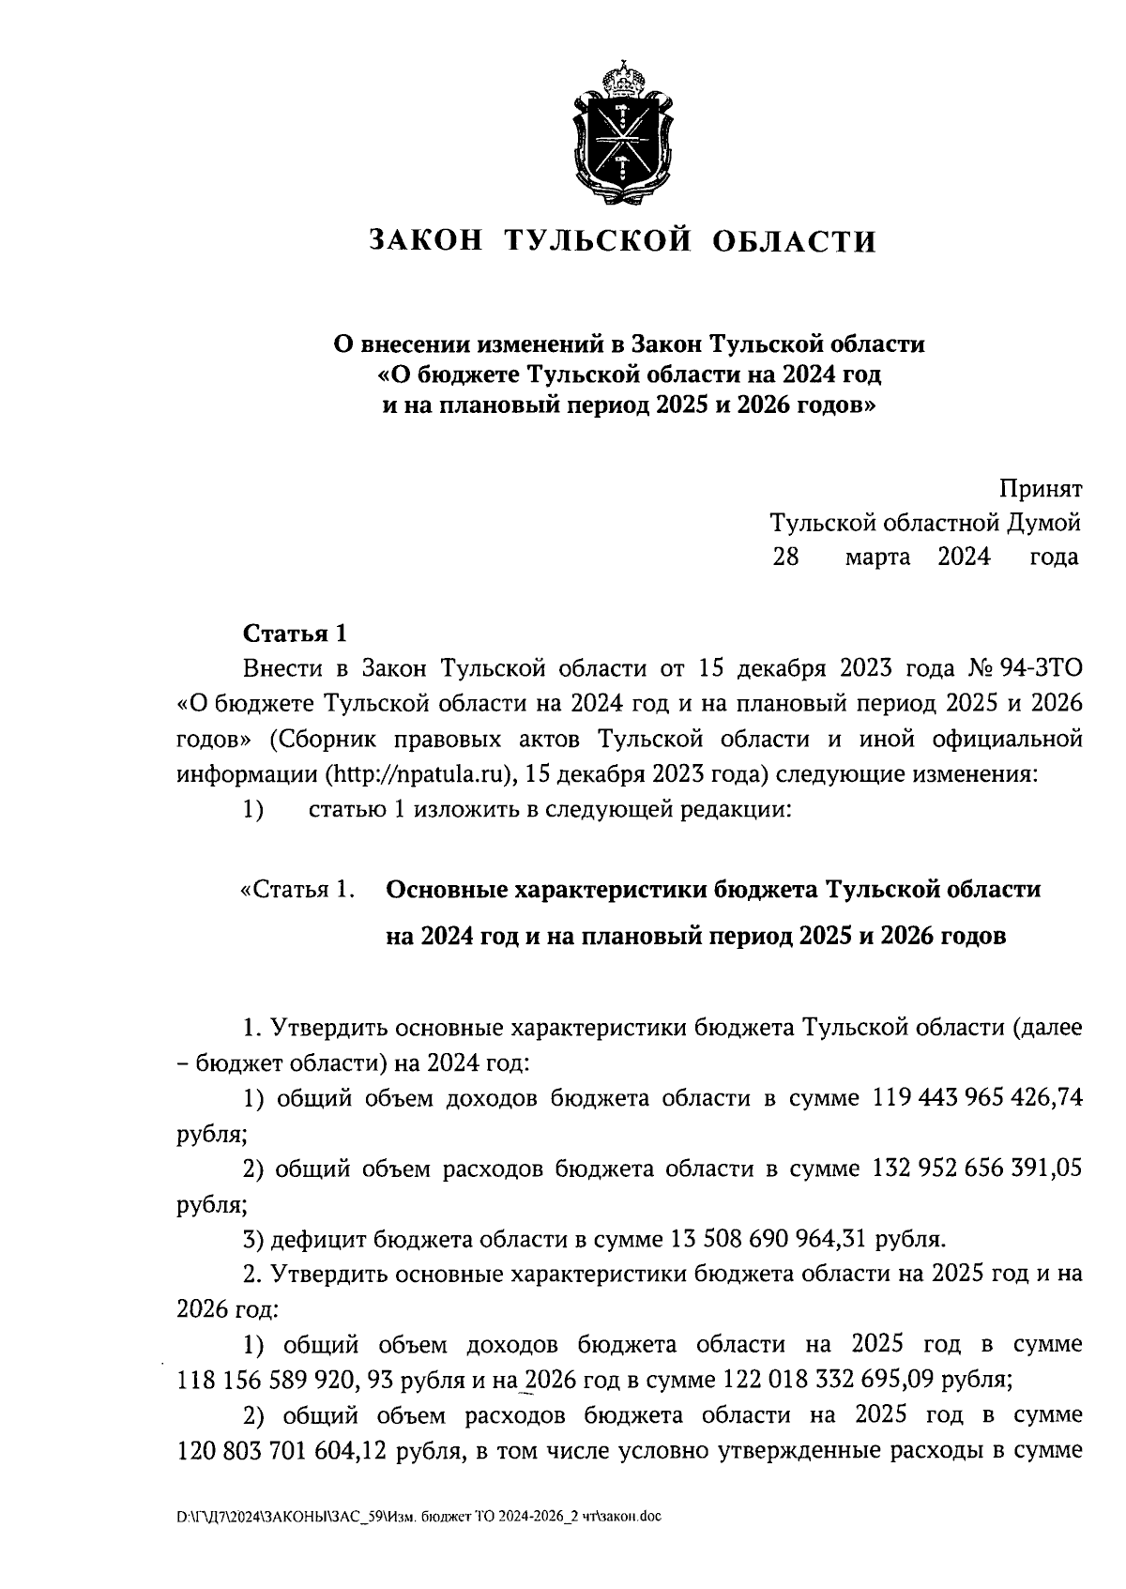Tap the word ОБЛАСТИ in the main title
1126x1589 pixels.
click(x=796, y=241)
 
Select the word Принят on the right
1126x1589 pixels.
click(x=1040, y=489)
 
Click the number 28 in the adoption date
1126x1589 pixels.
click(x=785, y=557)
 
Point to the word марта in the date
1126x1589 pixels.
click(x=877, y=557)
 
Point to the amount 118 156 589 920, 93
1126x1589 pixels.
click(x=281, y=1381)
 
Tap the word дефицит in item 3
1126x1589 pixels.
click(x=319, y=1240)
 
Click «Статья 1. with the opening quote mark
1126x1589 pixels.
click(x=298, y=890)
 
